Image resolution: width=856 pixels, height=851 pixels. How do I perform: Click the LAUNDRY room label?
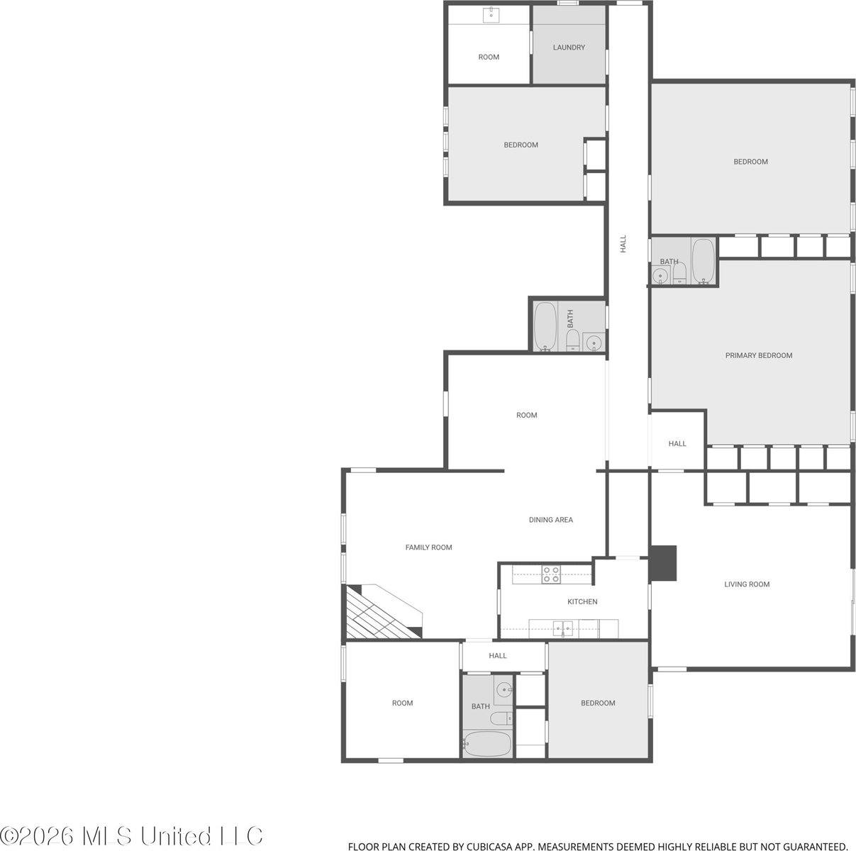click(x=569, y=47)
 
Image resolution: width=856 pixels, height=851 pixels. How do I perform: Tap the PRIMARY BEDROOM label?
click(x=759, y=355)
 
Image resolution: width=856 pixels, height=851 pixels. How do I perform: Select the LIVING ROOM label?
click(x=747, y=584)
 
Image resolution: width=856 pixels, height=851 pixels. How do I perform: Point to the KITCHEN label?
click(x=582, y=601)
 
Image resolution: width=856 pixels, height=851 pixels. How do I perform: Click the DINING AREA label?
click(x=551, y=520)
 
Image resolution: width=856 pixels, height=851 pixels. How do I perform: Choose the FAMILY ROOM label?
click(x=428, y=547)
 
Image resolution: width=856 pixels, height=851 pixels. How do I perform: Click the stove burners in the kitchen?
click(x=551, y=574)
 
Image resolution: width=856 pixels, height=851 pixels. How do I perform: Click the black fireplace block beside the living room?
click(x=663, y=563)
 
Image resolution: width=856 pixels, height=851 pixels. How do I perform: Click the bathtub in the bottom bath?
click(x=487, y=743)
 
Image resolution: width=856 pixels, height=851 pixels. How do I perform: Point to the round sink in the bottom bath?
click(x=504, y=690)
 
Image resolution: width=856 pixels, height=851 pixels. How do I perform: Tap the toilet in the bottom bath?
click(x=501, y=718)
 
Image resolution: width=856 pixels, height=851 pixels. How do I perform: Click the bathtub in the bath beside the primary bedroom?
click(x=703, y=261)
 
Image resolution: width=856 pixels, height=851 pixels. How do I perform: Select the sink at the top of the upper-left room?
click(x=491, y=15)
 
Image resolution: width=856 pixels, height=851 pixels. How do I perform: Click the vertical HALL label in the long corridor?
click(x=623, y=244)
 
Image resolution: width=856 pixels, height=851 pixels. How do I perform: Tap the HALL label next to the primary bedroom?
click(x=677, y=443)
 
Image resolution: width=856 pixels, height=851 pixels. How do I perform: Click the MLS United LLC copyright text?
click(x=131, y=836)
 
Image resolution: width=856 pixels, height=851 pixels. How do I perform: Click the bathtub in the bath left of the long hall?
click(x=545, y=327)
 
